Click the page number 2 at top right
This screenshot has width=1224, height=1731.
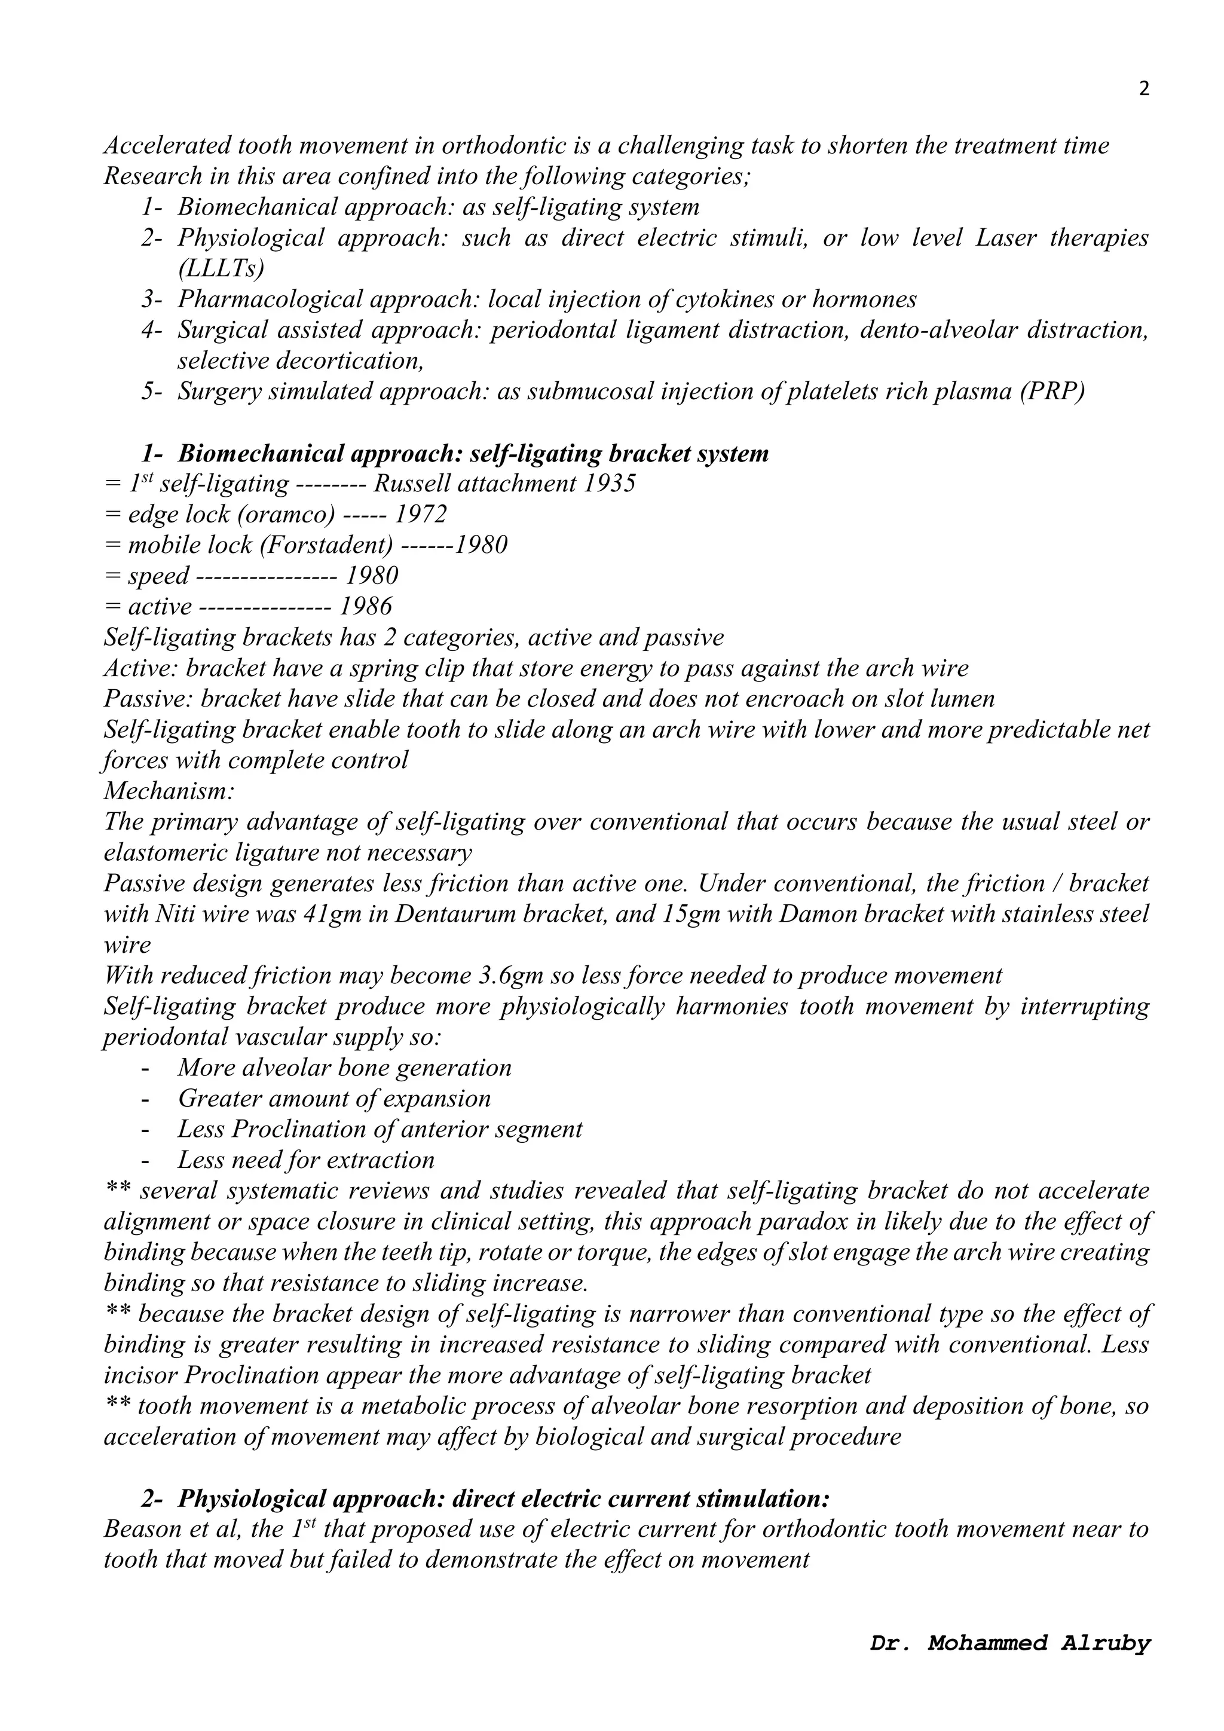coord(1144,90)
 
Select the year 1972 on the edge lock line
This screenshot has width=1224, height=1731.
coord(421,514)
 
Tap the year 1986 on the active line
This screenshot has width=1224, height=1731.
coord(366,606)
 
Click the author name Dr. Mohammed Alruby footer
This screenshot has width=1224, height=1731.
coord(1010,1664)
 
